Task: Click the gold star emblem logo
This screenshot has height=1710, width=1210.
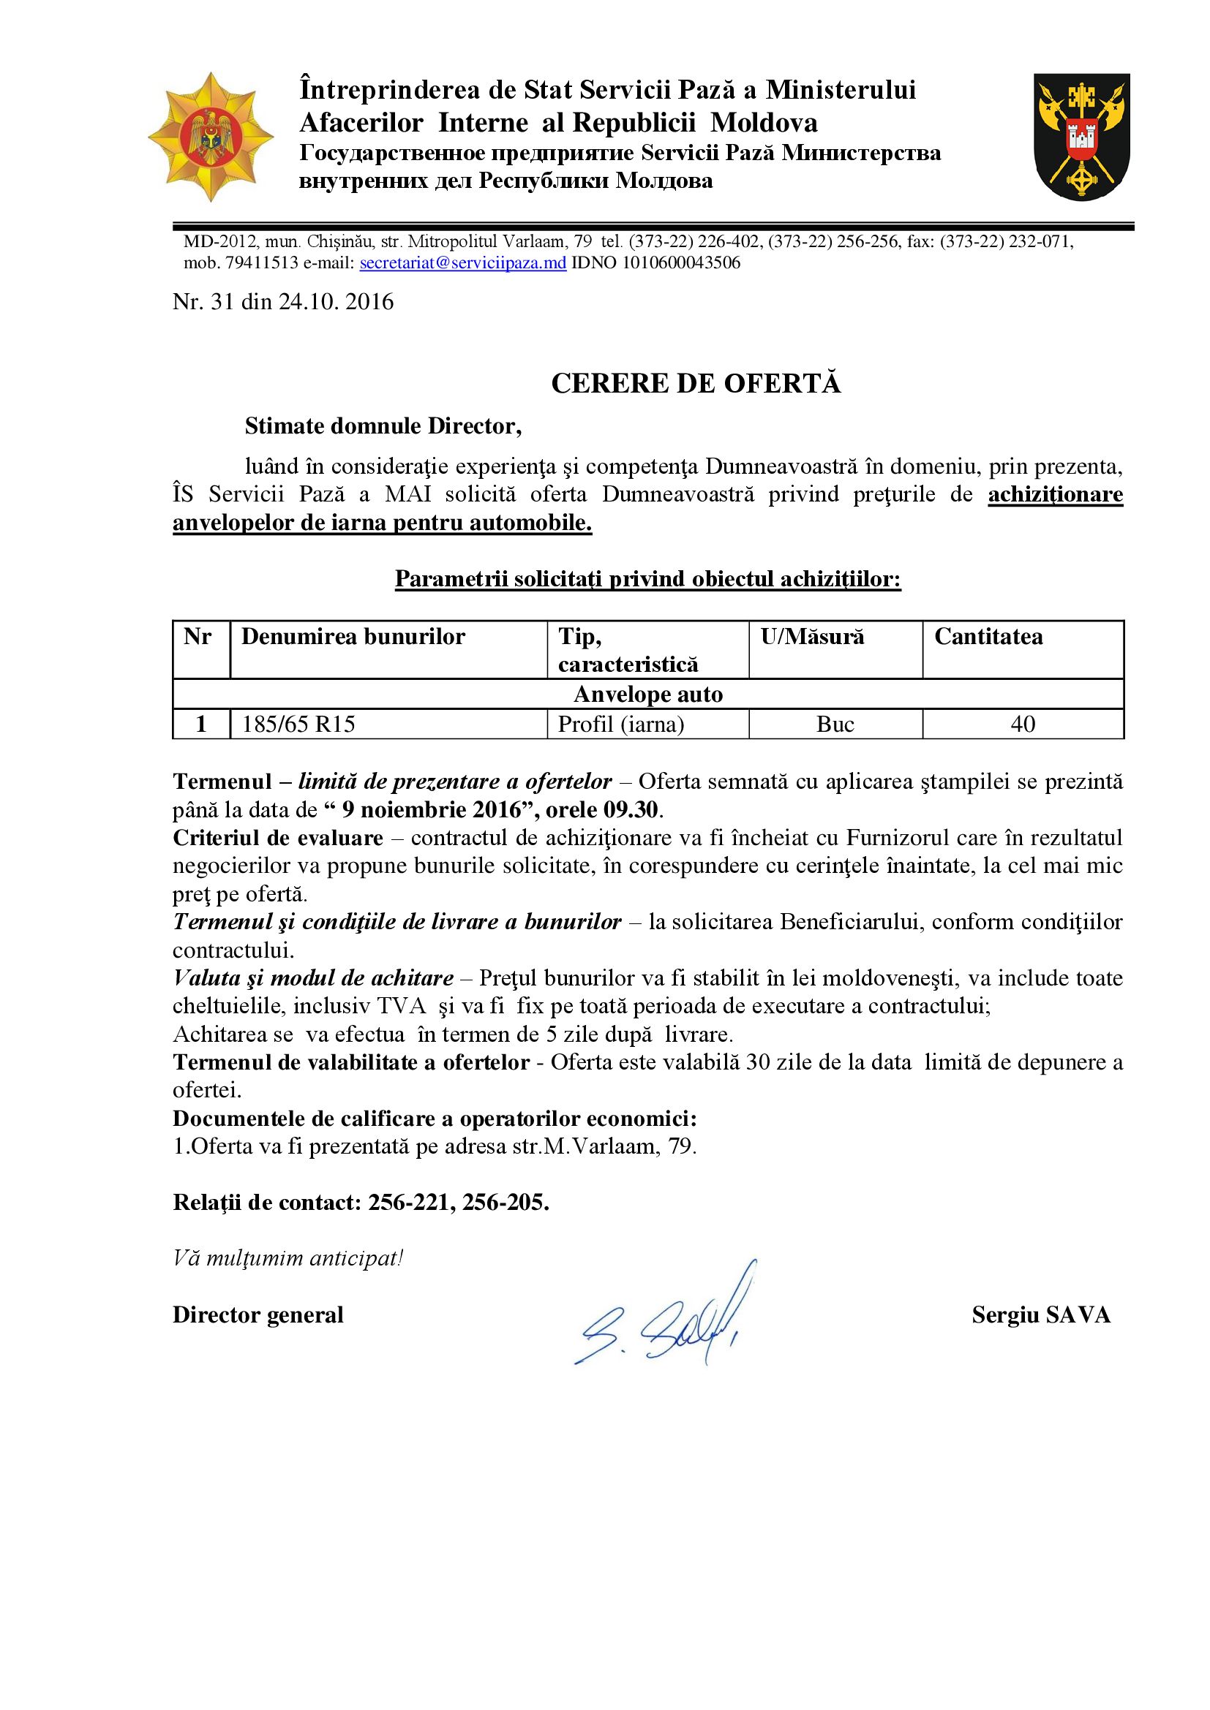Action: [x=211, y=137]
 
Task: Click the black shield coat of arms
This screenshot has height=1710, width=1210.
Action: [x=1082, y=136]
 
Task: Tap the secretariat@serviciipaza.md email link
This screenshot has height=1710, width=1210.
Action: [x=462, y=263]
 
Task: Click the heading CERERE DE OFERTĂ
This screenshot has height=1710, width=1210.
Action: [x=696, y=384]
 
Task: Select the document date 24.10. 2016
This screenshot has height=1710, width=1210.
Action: [x=336, y=302]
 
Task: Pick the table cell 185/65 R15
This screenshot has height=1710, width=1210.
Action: [x=298, y=724]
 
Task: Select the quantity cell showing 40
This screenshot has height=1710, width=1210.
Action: [x=1022, y=724]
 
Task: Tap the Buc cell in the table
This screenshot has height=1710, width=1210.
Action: [x=835, y=724]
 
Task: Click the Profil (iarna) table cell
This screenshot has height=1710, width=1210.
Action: [x=620, y=724]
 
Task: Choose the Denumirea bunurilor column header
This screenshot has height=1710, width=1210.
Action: [x=353, y=637]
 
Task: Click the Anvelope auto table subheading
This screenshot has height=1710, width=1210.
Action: [x=648, y=694]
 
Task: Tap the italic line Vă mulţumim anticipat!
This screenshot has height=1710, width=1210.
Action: [x=288, y=1259]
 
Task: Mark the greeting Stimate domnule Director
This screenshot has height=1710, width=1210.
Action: [x=383, y=426]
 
